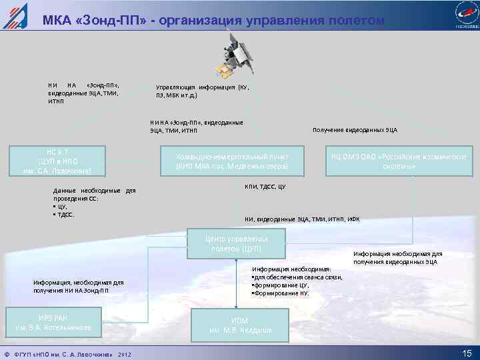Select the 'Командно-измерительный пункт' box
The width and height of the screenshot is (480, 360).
(232, 161)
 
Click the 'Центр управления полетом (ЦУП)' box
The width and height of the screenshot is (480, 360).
(237, 243)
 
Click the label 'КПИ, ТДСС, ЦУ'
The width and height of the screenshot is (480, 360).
(265, 186)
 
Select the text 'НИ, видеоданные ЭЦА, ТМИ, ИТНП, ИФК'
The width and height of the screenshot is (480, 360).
(302, 219)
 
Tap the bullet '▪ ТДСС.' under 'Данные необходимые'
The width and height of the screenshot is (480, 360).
(65, 215)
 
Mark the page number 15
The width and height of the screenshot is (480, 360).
(466, 353)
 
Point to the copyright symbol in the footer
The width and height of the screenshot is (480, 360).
(6, 353)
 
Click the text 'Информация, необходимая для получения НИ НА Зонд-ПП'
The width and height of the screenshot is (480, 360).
(78, 286)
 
